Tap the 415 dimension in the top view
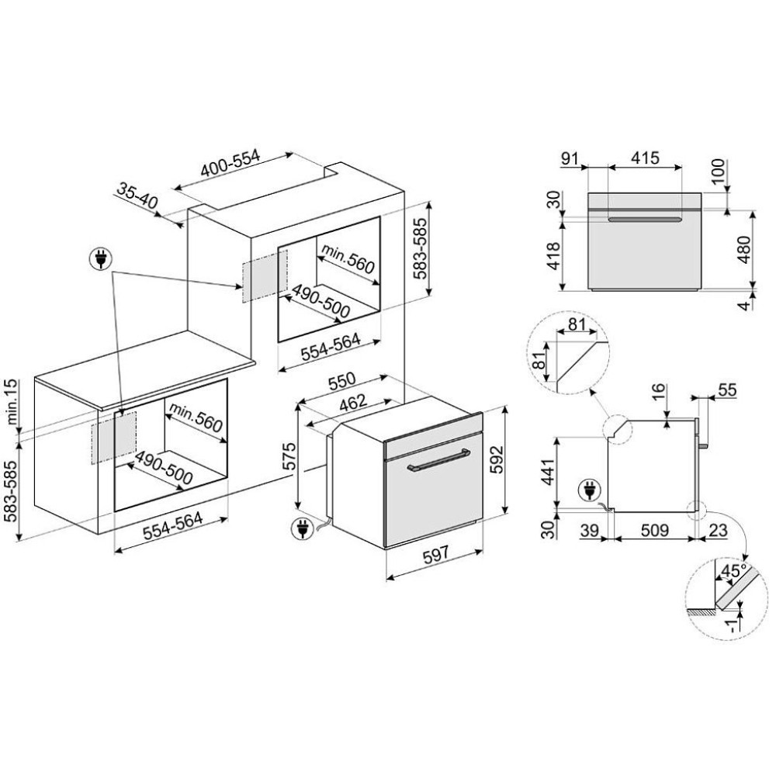644,158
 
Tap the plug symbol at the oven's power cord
299,529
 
